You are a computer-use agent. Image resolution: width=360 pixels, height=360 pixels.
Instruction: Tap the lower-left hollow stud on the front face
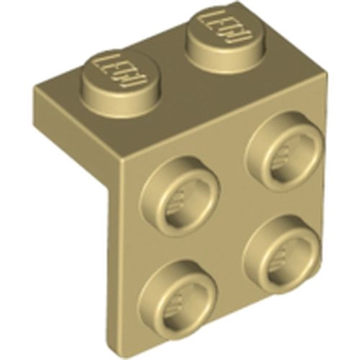pos(177,295)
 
